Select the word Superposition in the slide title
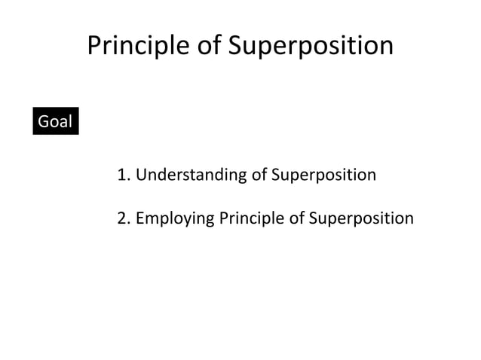[x=310, y=47]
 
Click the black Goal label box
[x=55, y=121]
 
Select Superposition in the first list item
[x=323, y=175]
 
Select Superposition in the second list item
[x=361, y=218]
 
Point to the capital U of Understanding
[x=141, y=175]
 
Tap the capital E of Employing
[x=140, y=218]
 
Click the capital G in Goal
[x=43, y=121]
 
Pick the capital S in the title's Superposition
[x=234, y=47]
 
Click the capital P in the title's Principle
[x=93, y=47]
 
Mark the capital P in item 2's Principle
[x=223, y=218]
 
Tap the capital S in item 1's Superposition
[x=275, y=175]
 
